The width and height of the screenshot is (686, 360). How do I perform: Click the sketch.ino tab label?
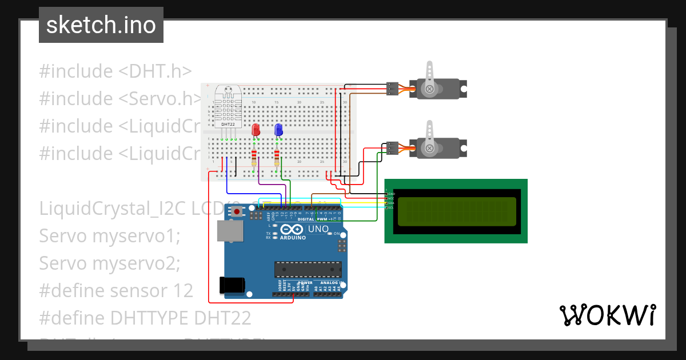coord(101,25)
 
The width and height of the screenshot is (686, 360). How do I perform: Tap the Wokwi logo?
coord(607,315)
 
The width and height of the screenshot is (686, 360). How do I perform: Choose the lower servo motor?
coord(437,147)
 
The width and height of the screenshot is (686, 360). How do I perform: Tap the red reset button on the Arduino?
coord(237,212)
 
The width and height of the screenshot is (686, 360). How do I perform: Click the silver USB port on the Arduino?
coord(230,230)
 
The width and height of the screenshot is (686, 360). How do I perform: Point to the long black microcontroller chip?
coord(308,269)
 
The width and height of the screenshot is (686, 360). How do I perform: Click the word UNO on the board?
coord(318,229)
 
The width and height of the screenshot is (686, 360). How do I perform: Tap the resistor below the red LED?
coord(254,157)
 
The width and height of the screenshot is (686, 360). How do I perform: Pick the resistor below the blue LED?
coord(277,157)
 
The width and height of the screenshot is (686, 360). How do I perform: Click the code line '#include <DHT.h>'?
coord(115,71)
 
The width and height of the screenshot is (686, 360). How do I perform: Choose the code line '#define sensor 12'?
coord(116,290)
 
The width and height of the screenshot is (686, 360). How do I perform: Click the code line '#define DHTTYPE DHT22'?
coord(145,318)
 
